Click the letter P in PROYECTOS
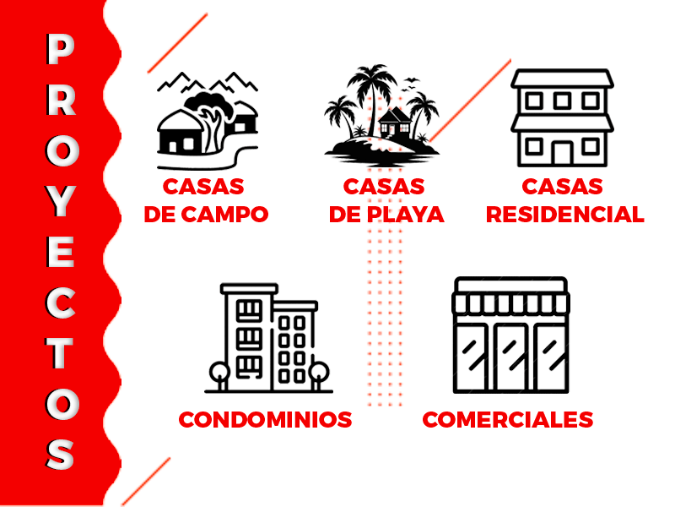pyautogui.click(x=61, y=49)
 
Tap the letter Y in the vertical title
pyautogui.click(x=61, y=201)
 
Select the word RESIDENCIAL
pyautogui.click(x=564, y=215)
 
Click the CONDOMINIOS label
pyautogui.click(x=265, y=419)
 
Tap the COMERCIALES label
pyautogui.click(x=508, y=419)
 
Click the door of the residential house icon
pyautogui.click(x=562, y=153)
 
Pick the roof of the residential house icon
pyautogui.click(x=562, y=78)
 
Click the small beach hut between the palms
pyautogui.click(x=394, y=122)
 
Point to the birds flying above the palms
pyautogui.click(x=410, y=84)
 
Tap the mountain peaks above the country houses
pyautogui.click(x=208, y=82)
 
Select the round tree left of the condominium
pyautogui.click(x=219, y=374)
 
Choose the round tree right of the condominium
pyautogui.click(x=319, y=374)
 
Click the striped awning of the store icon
pyautogui.click(x=510, y=303)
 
